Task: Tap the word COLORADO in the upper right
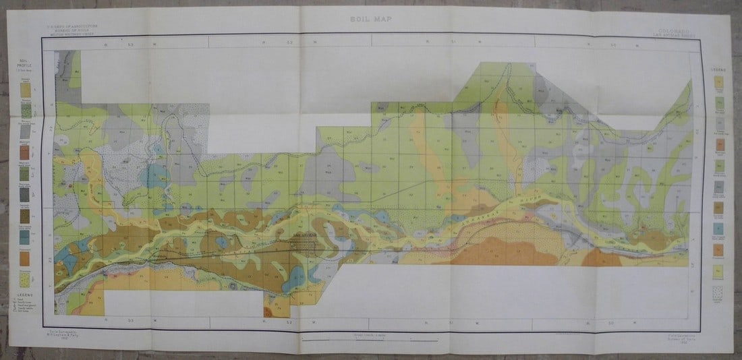click(675, 30)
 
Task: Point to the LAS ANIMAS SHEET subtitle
click(675, 36)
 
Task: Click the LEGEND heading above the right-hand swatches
click(718, 70)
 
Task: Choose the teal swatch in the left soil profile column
click(25, 237)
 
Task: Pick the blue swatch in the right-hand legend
click(719, 229)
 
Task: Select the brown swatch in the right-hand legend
click(719, 207)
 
